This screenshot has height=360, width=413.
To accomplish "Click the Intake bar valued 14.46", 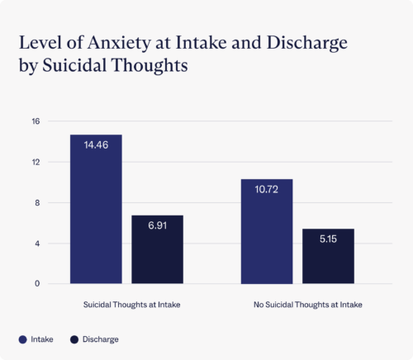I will click(96, 210).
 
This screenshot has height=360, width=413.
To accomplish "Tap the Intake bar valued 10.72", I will click(266, 231).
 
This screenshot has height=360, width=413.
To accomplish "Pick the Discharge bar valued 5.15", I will click(328, 257).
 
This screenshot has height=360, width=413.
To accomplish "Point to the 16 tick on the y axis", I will click(35, 121).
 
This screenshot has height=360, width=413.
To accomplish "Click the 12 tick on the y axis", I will click(35, 162).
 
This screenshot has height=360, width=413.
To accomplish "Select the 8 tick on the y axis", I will click(36, 202).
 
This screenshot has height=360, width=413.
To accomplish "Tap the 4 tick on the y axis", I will click(36, 244).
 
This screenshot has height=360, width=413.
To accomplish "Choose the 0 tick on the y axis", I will click(36, 284).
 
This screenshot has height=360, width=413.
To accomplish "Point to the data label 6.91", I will click(157, 225).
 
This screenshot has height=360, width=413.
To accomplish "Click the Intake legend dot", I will click(21, 339).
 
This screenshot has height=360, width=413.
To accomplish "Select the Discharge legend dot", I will click(74, 339).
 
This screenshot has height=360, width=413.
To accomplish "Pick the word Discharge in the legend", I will click(100, 339).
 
